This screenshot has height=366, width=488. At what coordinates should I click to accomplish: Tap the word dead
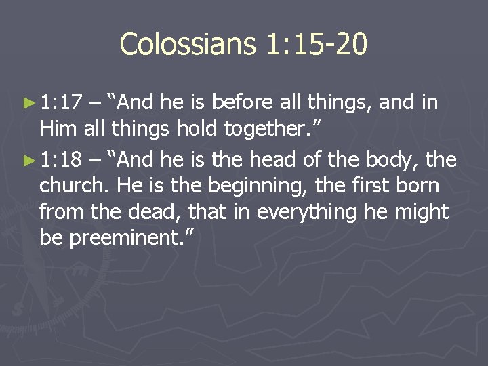(140, 213)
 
